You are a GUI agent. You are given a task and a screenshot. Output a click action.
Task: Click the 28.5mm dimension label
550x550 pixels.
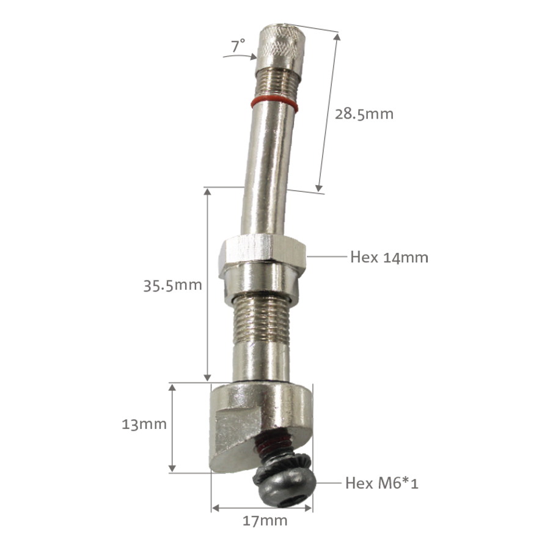pyautogui.click(x=364, y=114)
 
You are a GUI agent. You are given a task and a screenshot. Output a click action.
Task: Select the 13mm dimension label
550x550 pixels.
pyautogui.click(x=144, y=424)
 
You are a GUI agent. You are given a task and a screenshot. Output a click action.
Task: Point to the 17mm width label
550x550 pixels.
pyautogui.click(x=265, y=521)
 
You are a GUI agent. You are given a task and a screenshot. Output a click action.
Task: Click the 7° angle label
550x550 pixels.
pyautogui.click(x=238, y=44)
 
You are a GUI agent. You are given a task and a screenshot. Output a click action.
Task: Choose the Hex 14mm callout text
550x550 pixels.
pyautogui.click(x=389, y=257)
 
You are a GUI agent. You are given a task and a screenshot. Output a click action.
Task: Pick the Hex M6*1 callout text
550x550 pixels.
pyautogui.click(x=382, y=483)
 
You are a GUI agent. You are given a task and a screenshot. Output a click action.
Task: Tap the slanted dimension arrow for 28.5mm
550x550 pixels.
pyautogui.click(x=328, y=112)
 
